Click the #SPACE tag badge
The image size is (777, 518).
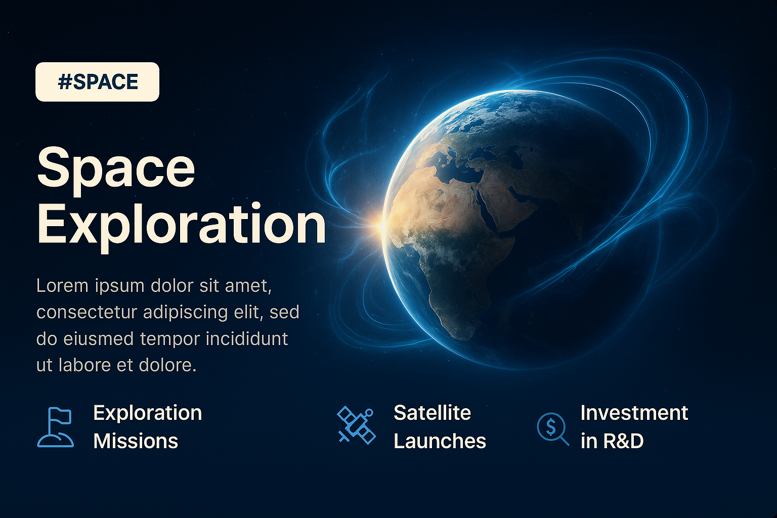tap(97, 82)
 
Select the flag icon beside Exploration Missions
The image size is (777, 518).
tap(56, 427)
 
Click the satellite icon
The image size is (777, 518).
tap(356, 425)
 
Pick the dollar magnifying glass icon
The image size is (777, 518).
tap(553, 429)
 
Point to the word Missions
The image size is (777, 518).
tap(136, 441)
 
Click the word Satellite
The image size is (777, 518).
tap(432, 413)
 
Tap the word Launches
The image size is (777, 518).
tap(440, 441)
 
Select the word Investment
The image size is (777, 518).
tap(634, 413)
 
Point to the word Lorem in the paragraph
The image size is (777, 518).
tap(62, 286)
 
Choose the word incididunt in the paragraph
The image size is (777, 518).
tap(247, 338)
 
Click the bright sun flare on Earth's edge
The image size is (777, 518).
tap(381, 226)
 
